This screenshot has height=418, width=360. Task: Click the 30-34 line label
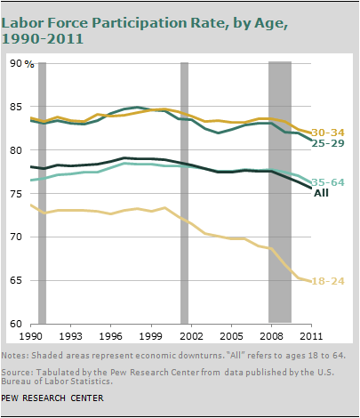328,133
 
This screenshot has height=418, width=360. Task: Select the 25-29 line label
328,143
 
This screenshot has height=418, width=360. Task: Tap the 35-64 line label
328,182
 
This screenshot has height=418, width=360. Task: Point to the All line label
321,193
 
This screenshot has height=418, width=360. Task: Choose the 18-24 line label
328,281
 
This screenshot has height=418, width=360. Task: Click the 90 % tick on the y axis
22,63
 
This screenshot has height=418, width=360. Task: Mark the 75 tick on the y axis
16,194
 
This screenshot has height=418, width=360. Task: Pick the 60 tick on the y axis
16,324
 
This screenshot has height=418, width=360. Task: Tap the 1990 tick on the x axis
31,336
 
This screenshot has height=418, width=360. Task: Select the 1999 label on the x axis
151,336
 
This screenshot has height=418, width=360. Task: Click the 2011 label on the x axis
311,336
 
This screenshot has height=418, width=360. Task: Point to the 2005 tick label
231,336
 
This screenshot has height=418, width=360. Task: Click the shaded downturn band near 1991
42,193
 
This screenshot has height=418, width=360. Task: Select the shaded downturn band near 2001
184,193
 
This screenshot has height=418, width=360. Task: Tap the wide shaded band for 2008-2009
280,192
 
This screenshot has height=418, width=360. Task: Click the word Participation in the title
162,23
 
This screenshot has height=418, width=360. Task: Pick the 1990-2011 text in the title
42,38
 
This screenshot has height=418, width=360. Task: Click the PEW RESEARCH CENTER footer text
52,398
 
